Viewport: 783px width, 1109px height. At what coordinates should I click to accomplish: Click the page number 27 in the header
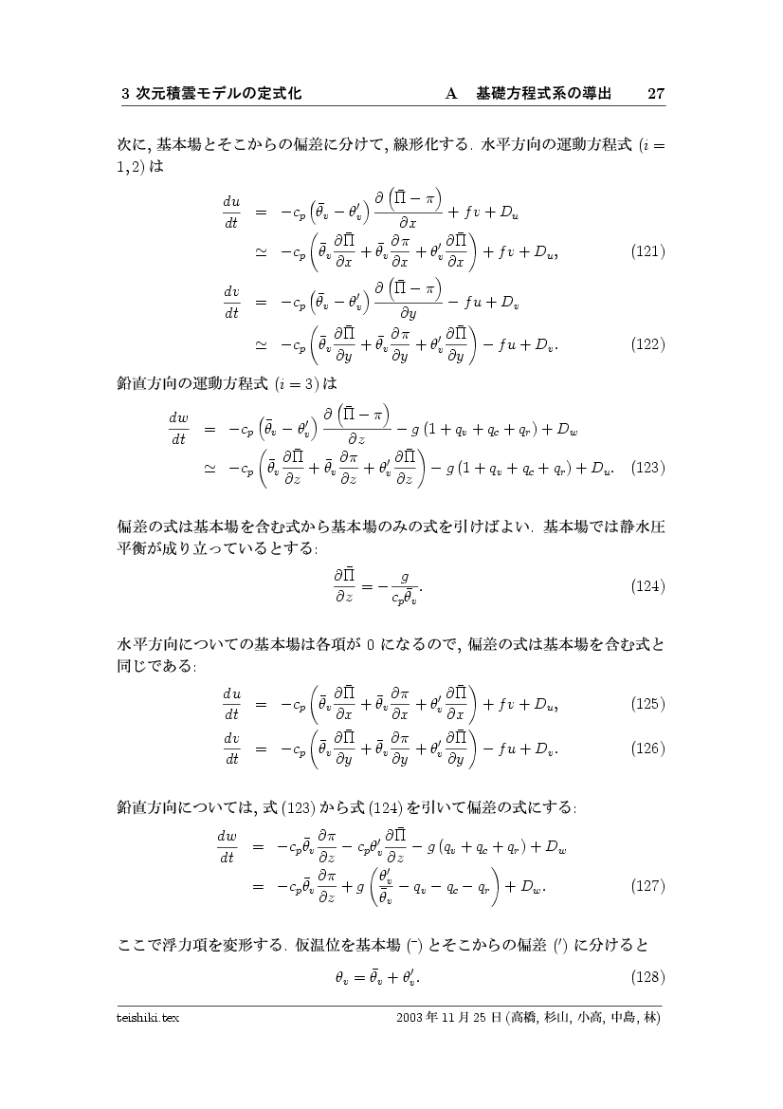655,94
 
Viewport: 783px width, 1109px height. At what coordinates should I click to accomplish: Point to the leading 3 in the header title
125,94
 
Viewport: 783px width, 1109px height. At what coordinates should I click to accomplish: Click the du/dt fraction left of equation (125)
231,704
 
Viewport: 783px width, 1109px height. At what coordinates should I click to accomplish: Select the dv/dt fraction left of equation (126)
231,749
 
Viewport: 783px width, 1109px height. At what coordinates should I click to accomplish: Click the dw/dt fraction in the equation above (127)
228,846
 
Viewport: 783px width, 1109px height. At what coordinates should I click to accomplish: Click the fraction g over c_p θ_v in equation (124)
405,585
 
